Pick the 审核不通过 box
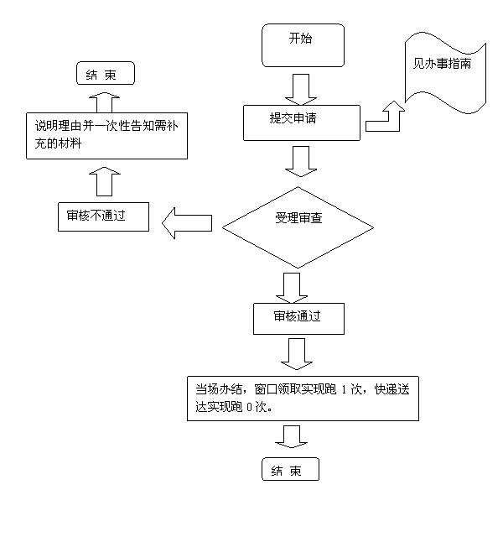[x=103, y=217]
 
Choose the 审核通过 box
[x=298, y=317]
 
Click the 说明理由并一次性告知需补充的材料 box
[x=104, y=136]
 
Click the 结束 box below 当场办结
[x=291, y=471]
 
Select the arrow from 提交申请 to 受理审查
[x=298, y=159]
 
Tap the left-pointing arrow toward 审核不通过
[x=185, y=224]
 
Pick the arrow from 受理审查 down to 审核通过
[x=293, y=286]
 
